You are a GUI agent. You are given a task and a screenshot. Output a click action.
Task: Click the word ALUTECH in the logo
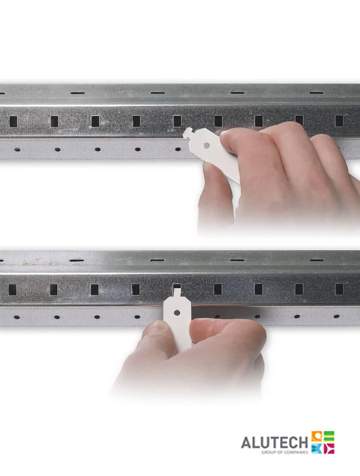point(274,442)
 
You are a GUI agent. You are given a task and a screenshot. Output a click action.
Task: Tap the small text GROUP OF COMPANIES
point(284,452)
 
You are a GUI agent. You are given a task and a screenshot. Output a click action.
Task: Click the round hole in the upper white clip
point(207,145)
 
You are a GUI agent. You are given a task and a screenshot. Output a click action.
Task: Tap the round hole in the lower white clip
point(177,313)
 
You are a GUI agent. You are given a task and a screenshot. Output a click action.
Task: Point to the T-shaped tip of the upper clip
point(189,133)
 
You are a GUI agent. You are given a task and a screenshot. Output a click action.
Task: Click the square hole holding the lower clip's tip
point(176,287)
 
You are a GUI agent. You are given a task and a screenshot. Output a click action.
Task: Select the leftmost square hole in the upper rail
point(14,122)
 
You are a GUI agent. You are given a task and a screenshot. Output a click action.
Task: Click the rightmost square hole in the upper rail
point(339,121)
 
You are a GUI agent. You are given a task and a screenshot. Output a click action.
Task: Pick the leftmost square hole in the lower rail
point(12,289)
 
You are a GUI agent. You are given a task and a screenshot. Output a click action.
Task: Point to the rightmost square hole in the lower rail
point(339,289)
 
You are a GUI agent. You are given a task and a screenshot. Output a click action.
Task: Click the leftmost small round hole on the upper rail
point(17,149)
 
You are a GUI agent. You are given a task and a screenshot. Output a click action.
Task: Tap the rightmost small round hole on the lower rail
point(336,316)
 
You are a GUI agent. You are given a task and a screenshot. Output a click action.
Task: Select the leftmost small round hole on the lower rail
point(17,318)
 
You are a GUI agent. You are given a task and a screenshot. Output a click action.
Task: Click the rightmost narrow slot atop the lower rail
point(317,260)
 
